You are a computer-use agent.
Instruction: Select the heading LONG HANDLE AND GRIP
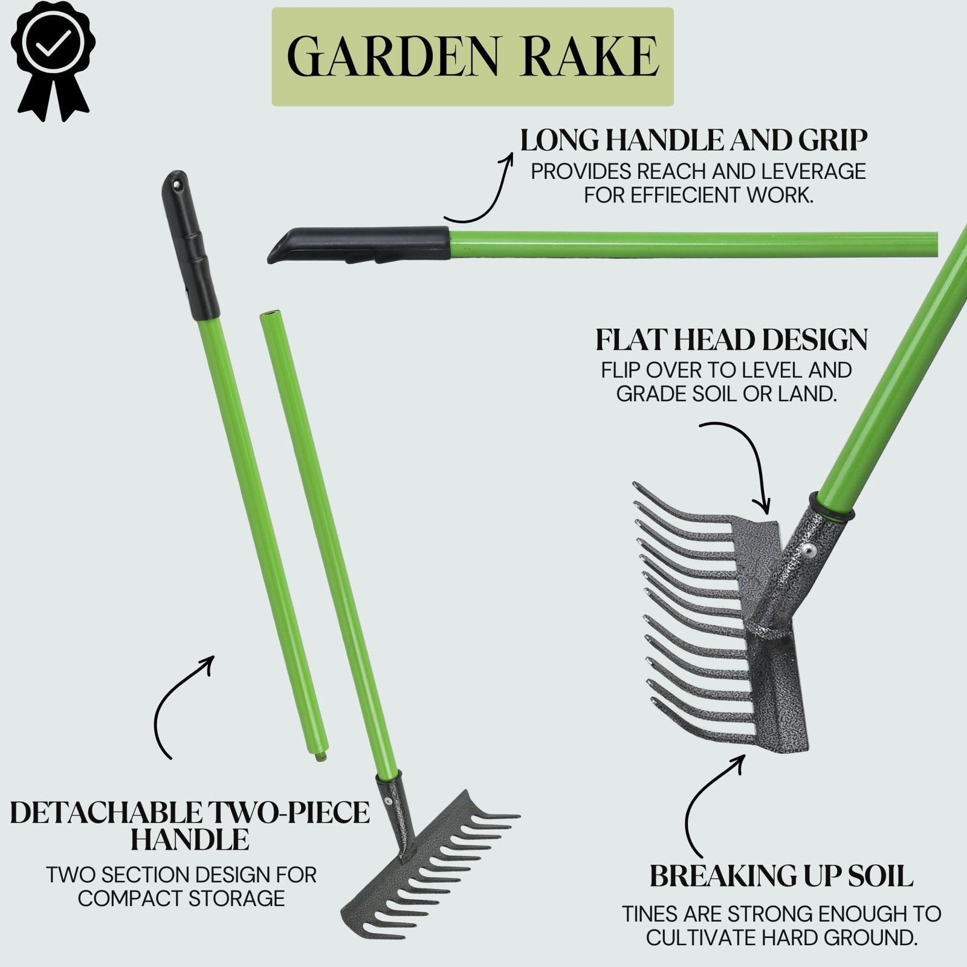click(x=694, y=141)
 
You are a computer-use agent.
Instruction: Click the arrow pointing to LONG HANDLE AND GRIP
click(x=480, y=187)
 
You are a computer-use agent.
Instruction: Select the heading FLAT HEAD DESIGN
click(x=731, y=340)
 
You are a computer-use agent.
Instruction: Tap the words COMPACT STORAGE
click(x=181, y=899)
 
